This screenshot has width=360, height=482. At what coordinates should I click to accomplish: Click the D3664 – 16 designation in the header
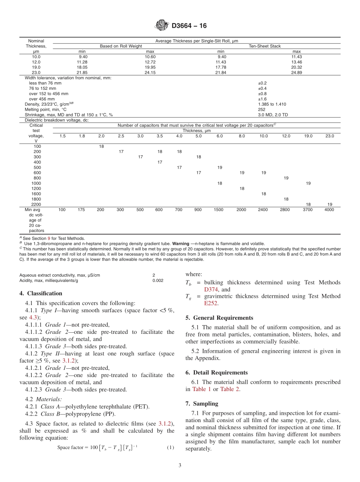pos(189,26)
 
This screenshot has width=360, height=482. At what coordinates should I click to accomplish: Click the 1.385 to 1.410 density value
pos(272,104)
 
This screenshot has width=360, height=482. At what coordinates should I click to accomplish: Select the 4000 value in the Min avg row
pos(329,210)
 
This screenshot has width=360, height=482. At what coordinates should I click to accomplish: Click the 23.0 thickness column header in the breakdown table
pos(329,136)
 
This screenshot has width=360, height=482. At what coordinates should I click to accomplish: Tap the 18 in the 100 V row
pos(101,146)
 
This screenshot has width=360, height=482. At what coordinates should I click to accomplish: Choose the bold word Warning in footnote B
pos(180,244)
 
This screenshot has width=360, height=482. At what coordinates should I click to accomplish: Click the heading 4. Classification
pos(41,293)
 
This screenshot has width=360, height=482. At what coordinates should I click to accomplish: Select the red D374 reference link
pos(211,290)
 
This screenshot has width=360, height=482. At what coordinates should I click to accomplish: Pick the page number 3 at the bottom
pos(180,465)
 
